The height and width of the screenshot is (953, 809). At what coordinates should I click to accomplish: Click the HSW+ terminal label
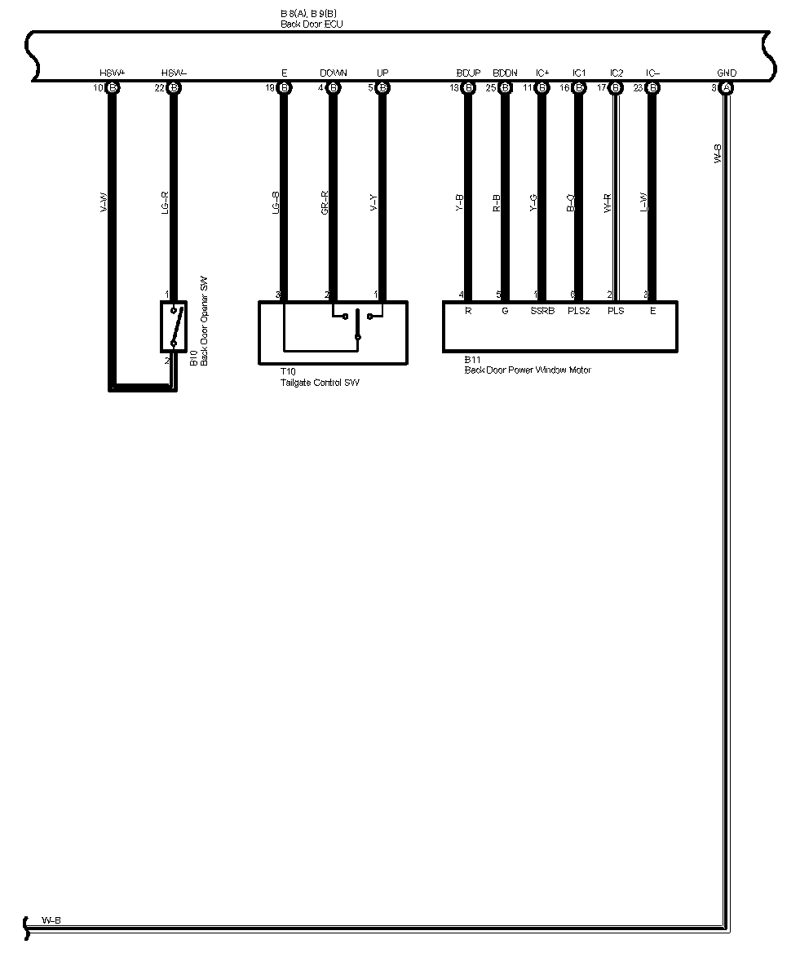(x=113, y=73)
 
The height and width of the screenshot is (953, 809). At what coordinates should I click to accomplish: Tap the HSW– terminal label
(x=174, y=73)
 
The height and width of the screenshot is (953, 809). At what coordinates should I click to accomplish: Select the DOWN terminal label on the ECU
(x=333, y=73)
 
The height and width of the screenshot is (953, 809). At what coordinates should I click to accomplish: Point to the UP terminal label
(x=382, y=73)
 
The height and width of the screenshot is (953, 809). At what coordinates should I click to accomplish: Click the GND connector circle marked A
(x=727, y=87)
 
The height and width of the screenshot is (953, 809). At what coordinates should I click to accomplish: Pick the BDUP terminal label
(x=468, y=73)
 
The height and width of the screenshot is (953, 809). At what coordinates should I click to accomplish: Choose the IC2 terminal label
(x=617, y=73)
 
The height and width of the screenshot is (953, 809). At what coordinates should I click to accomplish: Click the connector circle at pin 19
(x=285, y=87)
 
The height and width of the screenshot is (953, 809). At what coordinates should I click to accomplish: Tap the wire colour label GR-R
(x=325, y=203)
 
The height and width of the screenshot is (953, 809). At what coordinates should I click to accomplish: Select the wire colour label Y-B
(x=460, y=203)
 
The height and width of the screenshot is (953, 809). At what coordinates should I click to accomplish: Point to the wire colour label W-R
(x=608, y=203)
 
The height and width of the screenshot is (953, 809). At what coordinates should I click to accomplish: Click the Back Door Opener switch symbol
(x=174, y=326)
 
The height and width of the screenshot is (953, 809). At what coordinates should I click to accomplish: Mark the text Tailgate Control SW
(x=319, y=382)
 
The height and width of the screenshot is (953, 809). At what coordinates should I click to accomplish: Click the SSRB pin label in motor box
(x=542, y=311)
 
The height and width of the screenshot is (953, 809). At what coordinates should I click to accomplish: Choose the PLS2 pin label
(x=579, y=311)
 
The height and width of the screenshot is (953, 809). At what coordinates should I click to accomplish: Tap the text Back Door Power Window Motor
(x=528, y=370)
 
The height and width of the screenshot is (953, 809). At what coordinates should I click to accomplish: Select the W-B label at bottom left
(x=51, y=920)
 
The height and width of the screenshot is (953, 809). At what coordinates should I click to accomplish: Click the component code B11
(x=472, y=360)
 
